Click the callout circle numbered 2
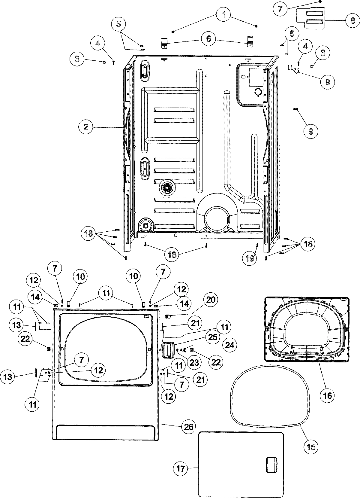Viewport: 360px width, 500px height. click(86, 127)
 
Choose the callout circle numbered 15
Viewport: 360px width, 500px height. click(311, 447)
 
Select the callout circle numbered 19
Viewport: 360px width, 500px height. click(250, 258)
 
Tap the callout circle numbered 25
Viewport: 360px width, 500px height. click(212, 337)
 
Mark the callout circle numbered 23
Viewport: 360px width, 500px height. click(194, 362)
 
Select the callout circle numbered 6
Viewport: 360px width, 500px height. click(208, 39)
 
